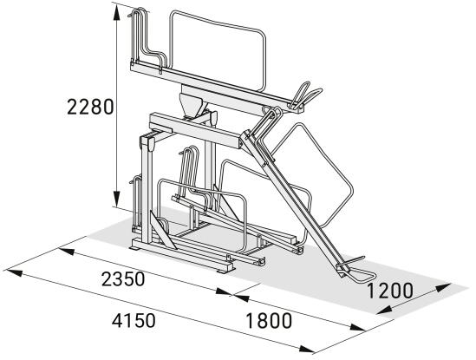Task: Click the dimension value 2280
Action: [90, 107]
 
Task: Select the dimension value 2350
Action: [123, 278]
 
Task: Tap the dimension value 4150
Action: [134, 320]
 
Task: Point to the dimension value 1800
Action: [269, 321]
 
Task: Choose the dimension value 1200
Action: [390, 291]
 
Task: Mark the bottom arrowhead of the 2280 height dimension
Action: [116, 199]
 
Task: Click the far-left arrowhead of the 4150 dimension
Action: [15, 272]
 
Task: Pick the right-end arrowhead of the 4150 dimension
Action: [306, 349]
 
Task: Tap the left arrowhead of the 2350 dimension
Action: [67, 252]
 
